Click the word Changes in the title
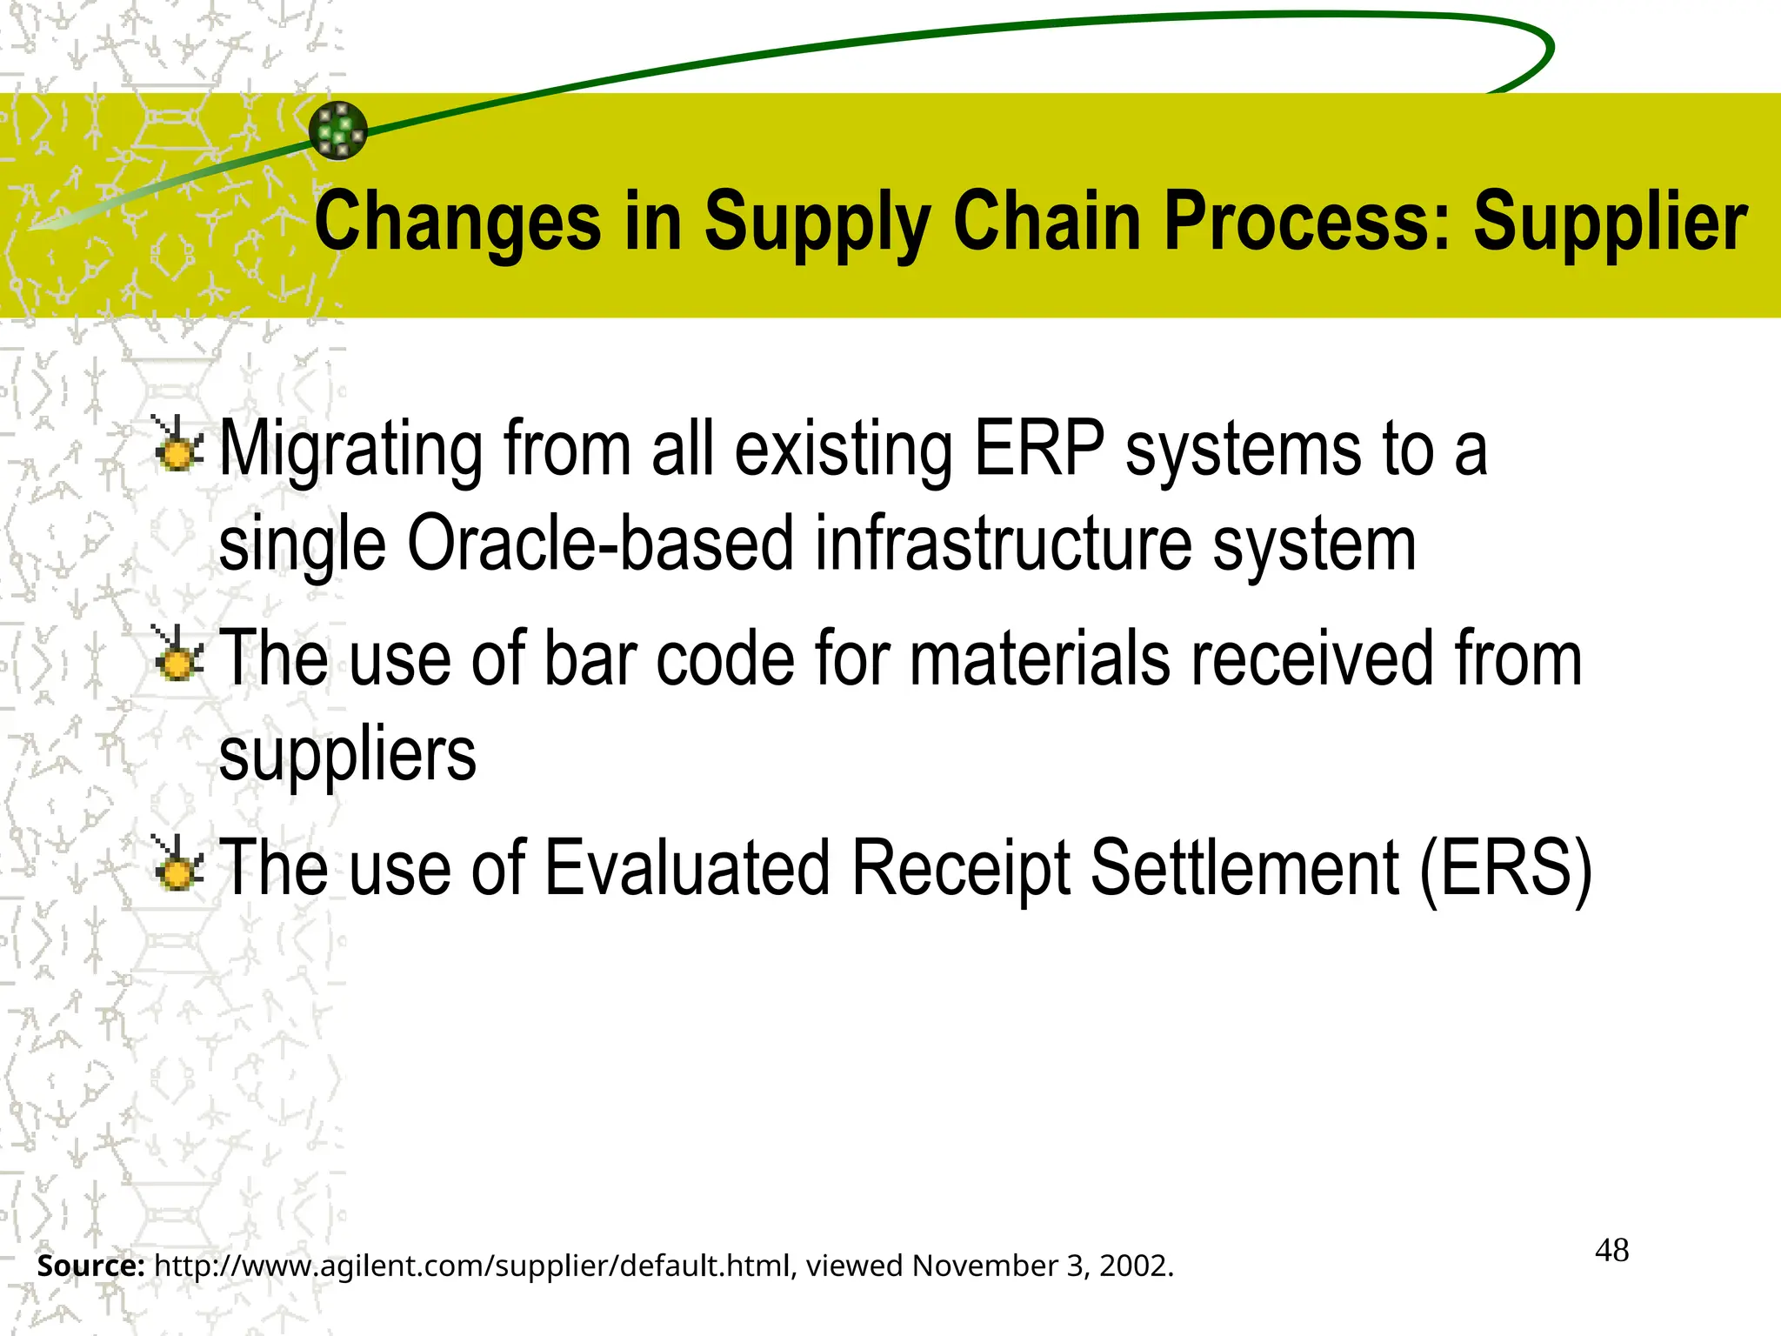[457, 222]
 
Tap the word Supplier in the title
[1609, 222]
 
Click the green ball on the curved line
[338, 130]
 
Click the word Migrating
[350, 451]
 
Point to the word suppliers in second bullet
[347, 755]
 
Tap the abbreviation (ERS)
[1505, 867]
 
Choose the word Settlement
[1244, 867]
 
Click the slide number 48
[1611, 1251]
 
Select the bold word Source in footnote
[90, 1266]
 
